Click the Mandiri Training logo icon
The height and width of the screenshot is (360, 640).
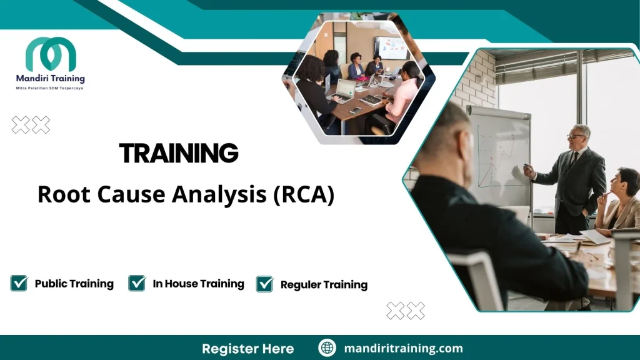click(51, 54)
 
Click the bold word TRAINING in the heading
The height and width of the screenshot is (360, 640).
click(179, 153)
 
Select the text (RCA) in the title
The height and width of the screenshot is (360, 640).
click(304, 194)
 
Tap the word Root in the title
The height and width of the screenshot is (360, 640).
click(59, 194)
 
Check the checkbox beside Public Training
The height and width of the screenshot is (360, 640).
click(19, 283)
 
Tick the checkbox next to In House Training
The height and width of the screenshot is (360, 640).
click(137, 283)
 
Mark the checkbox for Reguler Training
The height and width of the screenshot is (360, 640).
click(265, 284)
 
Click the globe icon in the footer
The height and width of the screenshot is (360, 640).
click(327, 348)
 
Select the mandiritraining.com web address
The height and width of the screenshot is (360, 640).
click(403, 348)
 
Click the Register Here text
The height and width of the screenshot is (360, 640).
click(247, 348)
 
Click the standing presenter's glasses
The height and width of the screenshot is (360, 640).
click(576, 136)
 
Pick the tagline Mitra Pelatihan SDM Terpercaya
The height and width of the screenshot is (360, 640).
click(49, 88)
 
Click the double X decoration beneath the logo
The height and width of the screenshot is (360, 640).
click(31, 126)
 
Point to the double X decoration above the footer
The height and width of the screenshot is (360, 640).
click(406, 311)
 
